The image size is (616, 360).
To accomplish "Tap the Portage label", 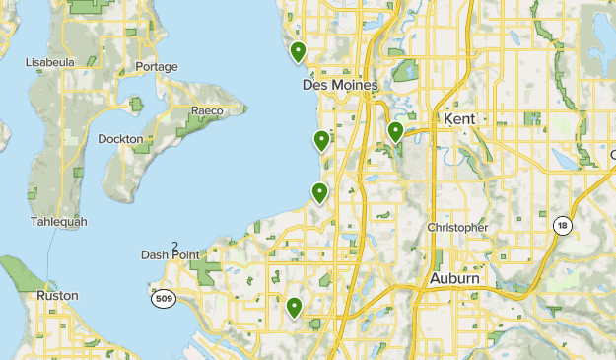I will point(157,67).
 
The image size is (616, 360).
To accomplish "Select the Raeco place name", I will point(207,110).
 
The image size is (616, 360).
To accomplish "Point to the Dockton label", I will point(121,139).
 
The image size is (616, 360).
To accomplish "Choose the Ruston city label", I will point(56,295).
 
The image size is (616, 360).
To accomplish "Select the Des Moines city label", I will point(339,86).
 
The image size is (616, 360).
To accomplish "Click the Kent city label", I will point(460,119).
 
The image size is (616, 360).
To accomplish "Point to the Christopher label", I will point(457,228).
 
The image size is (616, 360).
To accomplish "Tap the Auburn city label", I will point(455,279).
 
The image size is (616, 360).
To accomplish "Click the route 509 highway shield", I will point(164,297).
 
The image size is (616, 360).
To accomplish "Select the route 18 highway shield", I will point(562,225).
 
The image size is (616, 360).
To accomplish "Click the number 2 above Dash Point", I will point(175,246).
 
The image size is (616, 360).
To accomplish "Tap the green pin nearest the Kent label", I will point(395,132).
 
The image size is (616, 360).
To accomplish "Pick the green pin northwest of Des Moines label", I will point(298,50).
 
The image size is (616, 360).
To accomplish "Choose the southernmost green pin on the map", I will point(294,309).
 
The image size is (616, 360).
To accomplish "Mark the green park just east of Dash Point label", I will point(209,267).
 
